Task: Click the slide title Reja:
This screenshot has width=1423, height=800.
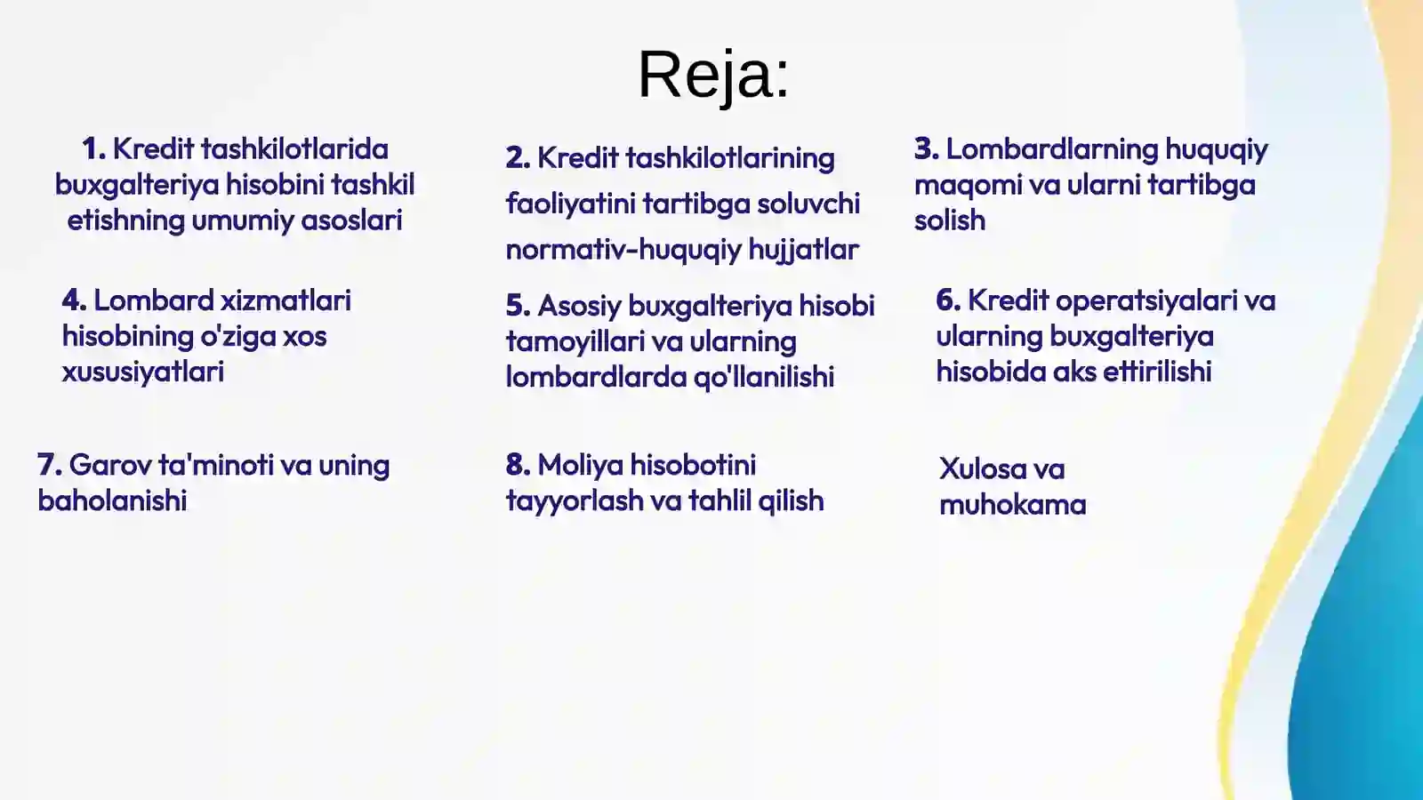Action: (713, 75)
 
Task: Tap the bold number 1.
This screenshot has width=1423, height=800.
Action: (93, 149)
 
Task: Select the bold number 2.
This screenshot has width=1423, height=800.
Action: (518, 158)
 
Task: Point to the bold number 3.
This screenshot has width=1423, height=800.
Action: (926, 149)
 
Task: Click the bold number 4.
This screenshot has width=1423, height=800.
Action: (74, 300)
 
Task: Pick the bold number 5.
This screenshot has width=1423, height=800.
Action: (518, 306)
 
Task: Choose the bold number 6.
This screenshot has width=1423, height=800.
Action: (948, 300)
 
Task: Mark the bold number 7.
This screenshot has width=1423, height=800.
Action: (49, 465)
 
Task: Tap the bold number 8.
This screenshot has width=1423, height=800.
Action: (518, 465)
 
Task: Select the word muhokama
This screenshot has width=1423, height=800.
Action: (1012, 505)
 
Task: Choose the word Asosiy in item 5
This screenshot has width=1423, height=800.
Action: (579, 306)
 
